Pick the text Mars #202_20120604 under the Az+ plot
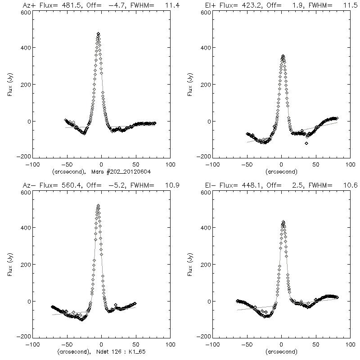click(120, 171)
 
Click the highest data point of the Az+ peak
click(98, 34)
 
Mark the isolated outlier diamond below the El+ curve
click(306, 143)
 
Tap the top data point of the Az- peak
click(98, 206)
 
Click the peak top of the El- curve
click(283, 222)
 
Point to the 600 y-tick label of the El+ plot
click(205, 13)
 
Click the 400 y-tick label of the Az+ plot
click(25, 48)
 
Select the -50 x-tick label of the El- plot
click(246, 345)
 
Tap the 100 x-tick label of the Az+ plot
click(170, 165)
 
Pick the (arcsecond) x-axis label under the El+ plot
click(281, 171)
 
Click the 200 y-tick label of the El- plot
click(205, 265)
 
